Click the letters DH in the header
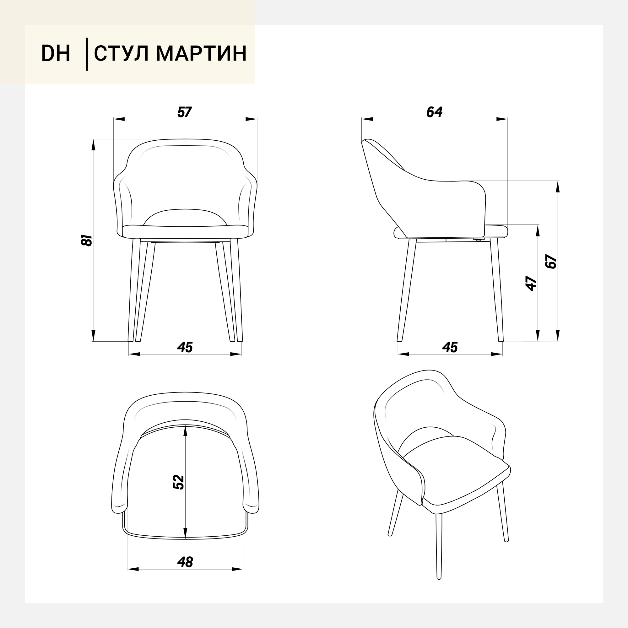coord(56,54)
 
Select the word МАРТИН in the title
coord(201,54)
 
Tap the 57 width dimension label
coord(185,112)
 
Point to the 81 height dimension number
coord(87,240)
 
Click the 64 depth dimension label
coord(434,112)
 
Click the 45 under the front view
coord(185,348)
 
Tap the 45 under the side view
coord(450,348)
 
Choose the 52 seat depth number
coord(178,482)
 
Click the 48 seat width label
coord(185,562)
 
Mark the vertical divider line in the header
coord(87,54)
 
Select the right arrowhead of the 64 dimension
coord(502,119)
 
